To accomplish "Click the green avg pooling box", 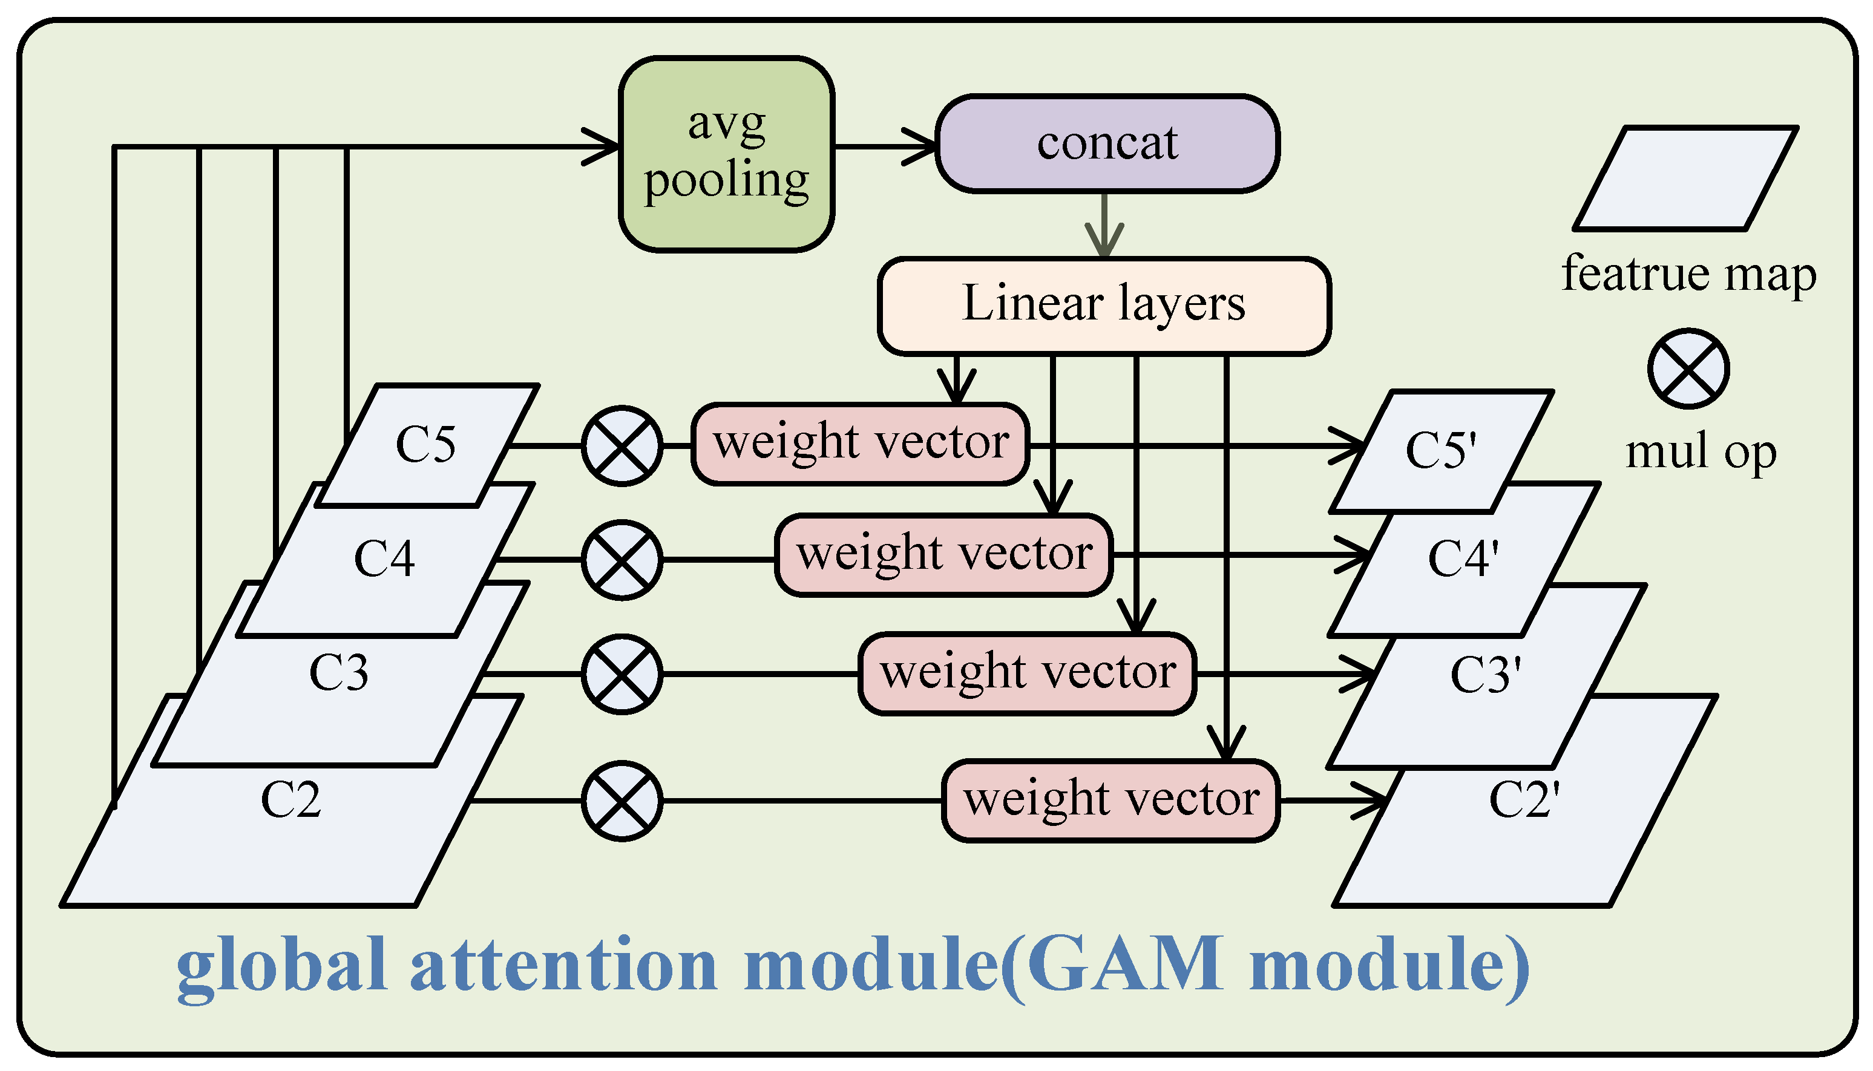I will (x=726, y=154).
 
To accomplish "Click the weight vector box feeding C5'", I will (x=860, y=444).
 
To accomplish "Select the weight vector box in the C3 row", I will (x=1027, y=673).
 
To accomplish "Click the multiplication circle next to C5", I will (x=622, y=446).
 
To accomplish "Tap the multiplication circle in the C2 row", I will (x=622, y=801).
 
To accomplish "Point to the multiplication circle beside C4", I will (x=622, y=560).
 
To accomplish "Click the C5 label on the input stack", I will (x=425, y=444).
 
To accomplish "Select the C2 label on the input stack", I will (x=290, y=801).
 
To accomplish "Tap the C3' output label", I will (x=1484, y=675).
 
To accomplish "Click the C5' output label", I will (x=1440, y=450).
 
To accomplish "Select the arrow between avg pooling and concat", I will (x=886, y=146).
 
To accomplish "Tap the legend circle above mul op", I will (x=1688, y=368).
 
